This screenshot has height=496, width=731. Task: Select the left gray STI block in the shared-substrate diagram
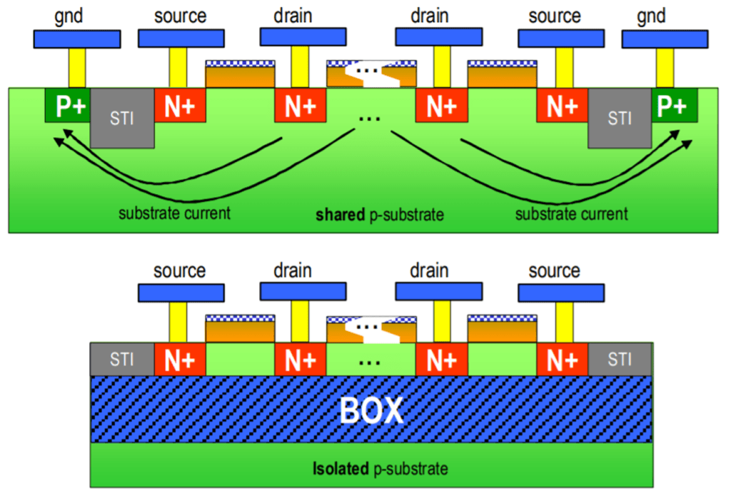[x=123, y=118]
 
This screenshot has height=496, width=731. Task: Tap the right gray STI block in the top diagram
[x=619, y=118]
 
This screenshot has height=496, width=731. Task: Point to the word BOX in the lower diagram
[x=371, y=412]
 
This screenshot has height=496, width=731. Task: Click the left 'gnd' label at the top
[x=69, y=15]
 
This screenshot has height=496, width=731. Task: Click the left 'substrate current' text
[x=174, y=213]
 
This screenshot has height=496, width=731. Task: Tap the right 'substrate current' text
[x=571, y=213]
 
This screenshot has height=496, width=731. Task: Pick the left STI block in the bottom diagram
[x=122, y=359]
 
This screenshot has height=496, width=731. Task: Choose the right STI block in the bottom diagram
[x=620, y=359]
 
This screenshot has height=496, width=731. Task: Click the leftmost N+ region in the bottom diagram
[x=180, y=359]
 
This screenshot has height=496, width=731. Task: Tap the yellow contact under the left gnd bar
[x=76, y=67]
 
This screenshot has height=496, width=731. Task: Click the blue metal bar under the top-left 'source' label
[x=180, y=38]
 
